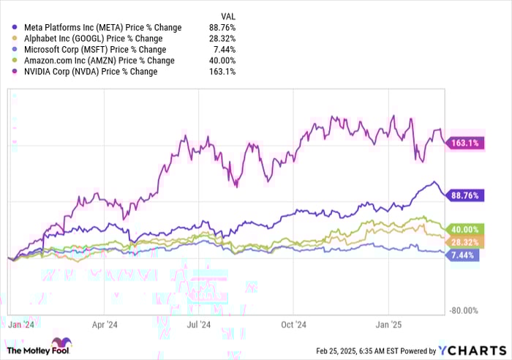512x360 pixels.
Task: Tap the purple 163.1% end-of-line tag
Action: click(464, 143)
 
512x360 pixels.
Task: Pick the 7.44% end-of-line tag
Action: click(464, 255)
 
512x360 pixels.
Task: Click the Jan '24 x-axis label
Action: click(18, 323)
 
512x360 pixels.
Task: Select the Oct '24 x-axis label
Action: click(293, 323)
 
